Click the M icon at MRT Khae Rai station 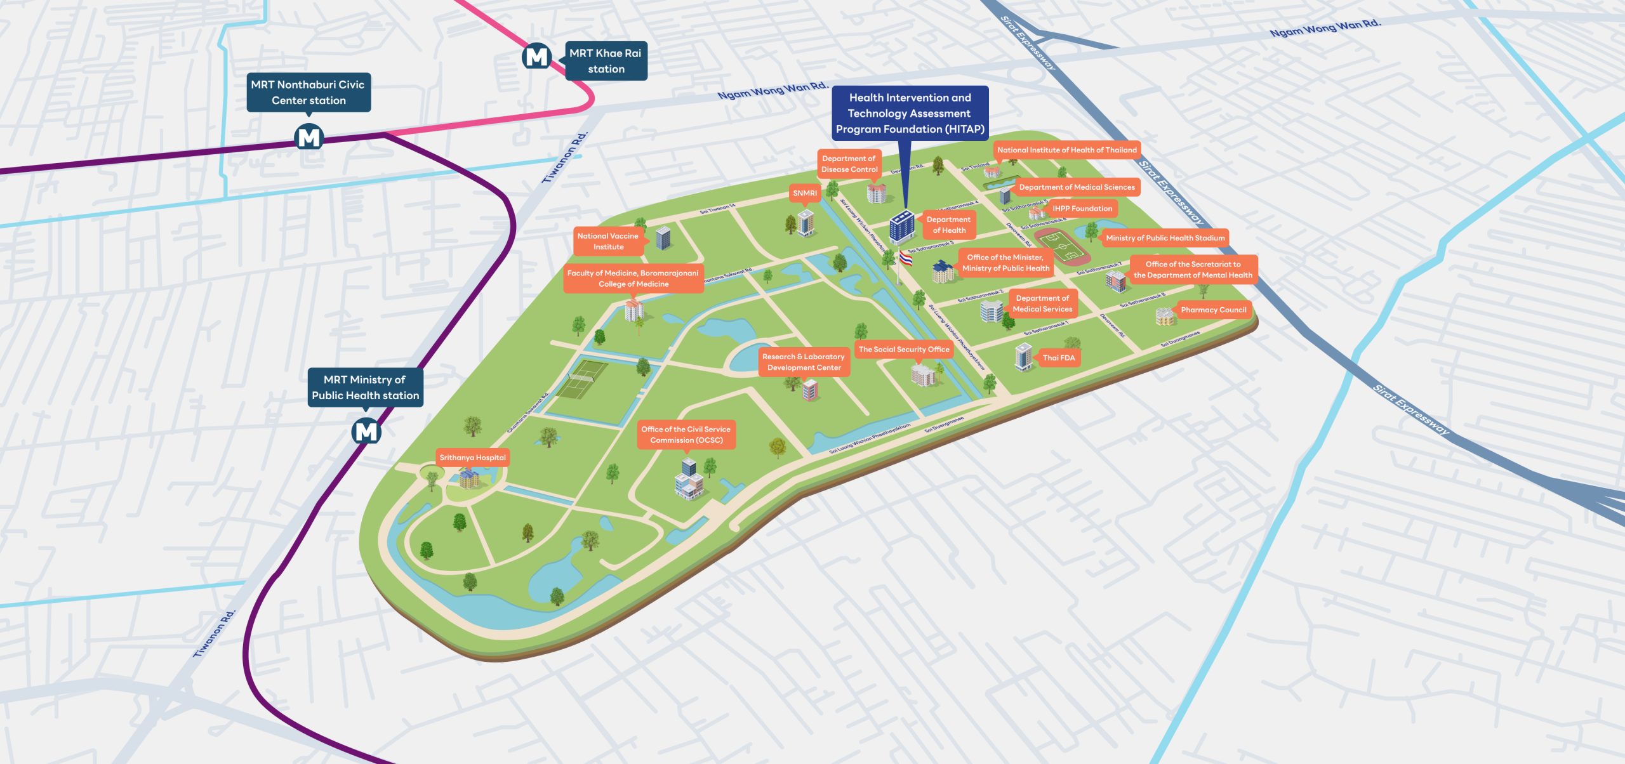coord(536,57)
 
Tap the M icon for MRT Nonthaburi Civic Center coord(309,137)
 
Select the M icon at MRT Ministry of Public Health coord(366,431)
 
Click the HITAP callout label coord(910,113)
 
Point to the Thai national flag coord(906,258)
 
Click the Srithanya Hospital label coord(472,458)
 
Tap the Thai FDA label coord(1058,358)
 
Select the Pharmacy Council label coord(1213,310)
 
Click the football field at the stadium coord(1062,247)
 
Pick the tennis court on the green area coord(581,379)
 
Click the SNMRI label coord(804,193)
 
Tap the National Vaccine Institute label coord(607,241)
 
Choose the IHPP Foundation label coord(1082,208)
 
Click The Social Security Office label coord(903,349)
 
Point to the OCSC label coord(686,435)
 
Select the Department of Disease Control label coord(849,164)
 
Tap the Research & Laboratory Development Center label coord(804,362)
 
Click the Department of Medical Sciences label coord(1077,187)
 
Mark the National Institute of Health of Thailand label coord(1066,150)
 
